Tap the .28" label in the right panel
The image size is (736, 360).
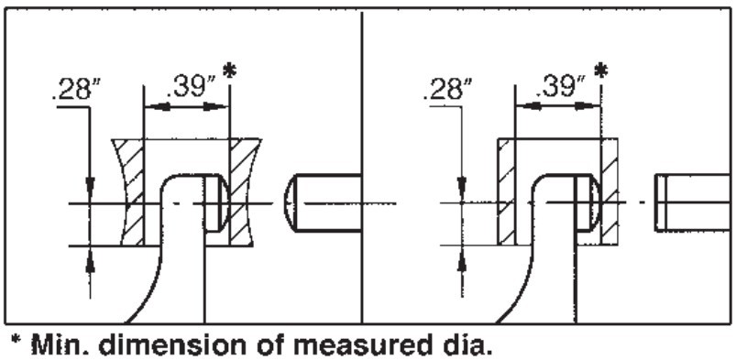[447, 89]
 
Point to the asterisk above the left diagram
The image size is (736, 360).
[228, 71]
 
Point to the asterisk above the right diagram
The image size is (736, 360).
[600, 71]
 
